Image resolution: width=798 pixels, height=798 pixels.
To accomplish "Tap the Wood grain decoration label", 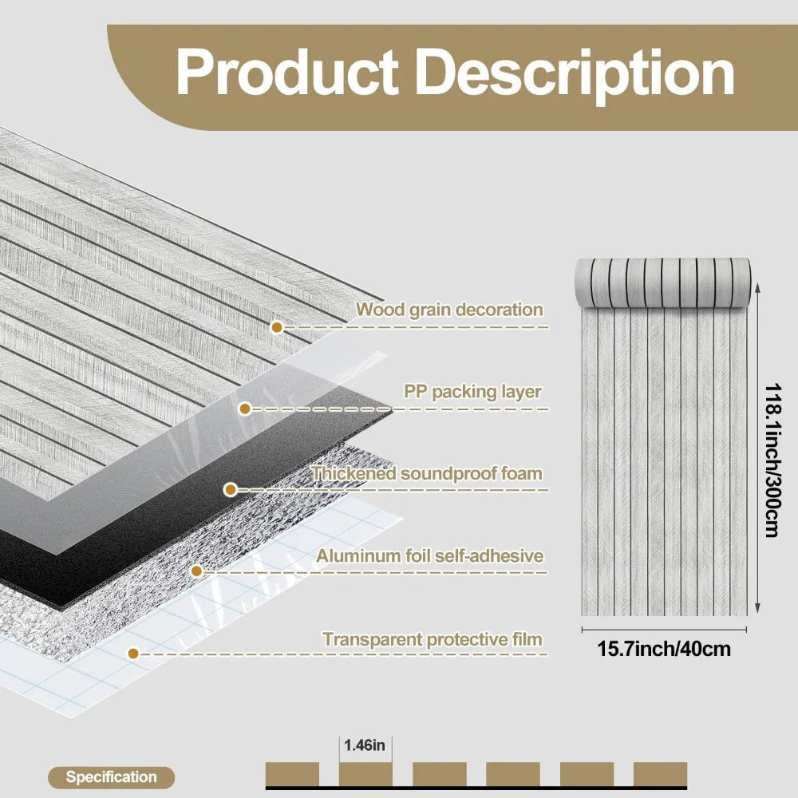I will tap(449, 310).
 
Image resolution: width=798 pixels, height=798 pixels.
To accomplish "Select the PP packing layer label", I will tap(472, 392).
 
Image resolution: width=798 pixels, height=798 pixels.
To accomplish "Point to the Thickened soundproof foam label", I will tap(427, 473).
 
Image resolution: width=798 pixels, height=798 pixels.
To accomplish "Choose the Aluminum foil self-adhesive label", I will tap(429, 555).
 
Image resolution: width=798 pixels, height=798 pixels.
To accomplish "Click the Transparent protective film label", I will tap(433, 639).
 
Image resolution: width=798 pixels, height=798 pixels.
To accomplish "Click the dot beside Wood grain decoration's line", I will tap(277, 327).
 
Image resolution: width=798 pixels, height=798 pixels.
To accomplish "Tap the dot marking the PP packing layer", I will tap(245, 409).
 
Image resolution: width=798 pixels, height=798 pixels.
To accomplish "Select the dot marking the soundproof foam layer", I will tap(230, 489).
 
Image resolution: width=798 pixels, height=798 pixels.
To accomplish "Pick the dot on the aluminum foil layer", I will tap(195, 571).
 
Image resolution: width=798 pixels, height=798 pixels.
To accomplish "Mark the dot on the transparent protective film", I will tap(133, 653).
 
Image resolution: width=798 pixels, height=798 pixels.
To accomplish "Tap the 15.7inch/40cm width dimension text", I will tap(664, 649).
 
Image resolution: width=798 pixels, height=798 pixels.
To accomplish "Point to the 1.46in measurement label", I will tap(365, 746).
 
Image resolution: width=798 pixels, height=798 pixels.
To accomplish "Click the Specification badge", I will tap(111, 776).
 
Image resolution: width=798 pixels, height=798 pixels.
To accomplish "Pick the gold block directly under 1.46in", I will tap(365, 774).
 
